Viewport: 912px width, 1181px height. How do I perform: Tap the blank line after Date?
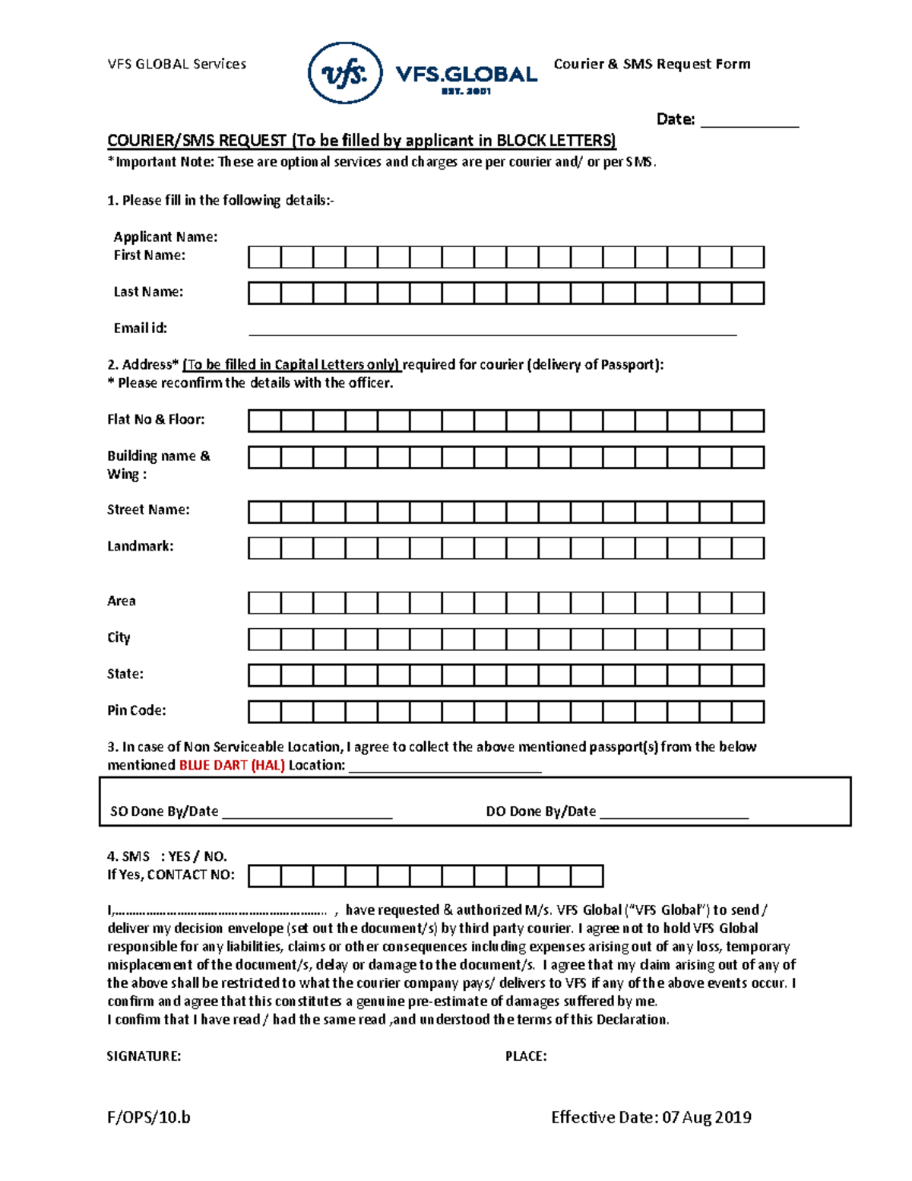click(x=749, y=120)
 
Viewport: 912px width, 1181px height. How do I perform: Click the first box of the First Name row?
click(x=264, y=257)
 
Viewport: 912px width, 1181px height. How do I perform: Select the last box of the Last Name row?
click(x=748, y=293)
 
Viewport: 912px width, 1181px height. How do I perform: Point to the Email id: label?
click(x=140, y=329)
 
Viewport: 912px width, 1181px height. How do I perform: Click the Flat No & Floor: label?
click(x=156, y=420)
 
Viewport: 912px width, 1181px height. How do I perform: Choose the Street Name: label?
click(x=148, y=510)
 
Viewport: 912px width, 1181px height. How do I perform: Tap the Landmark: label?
click(x=140, y=546)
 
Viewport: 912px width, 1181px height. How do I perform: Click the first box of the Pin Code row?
click(x=264, y=712)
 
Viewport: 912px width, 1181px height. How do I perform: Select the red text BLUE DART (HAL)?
click(x=232, y=766)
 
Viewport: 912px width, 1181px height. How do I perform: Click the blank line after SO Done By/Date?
click(x=307, y=813)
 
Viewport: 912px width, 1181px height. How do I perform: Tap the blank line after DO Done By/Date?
click(x=674, y=813)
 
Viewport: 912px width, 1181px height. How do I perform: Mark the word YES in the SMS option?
click(x=179, y=856)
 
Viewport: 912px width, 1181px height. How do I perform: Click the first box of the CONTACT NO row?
click(x=264, y=876)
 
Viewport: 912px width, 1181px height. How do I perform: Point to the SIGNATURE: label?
click(x=144, y=1056)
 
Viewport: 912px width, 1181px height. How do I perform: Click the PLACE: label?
click(x=526, y=1056)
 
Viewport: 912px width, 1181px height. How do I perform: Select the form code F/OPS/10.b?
click(x=149, y=1117)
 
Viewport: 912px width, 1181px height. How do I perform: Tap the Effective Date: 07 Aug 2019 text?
click(x=651, y=1117)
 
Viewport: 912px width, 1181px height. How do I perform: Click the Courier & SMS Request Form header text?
click(x=652, y=65)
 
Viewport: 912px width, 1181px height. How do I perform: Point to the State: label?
click(x=125, y=674)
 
